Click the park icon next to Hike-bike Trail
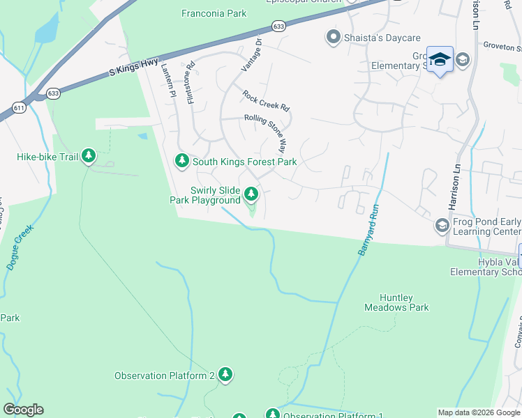(89, 156)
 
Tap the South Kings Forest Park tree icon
(182, 161)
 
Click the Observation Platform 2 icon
(225, 375)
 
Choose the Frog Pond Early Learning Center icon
(441, 226)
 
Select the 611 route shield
(19, 108)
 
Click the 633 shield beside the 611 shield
(53, 92)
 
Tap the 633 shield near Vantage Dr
(279, 26)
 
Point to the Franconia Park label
(214, 13)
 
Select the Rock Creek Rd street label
(265, 101)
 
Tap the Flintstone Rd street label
(191, 86)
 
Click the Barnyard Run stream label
(368, 229)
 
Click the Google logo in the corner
(23, 410)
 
